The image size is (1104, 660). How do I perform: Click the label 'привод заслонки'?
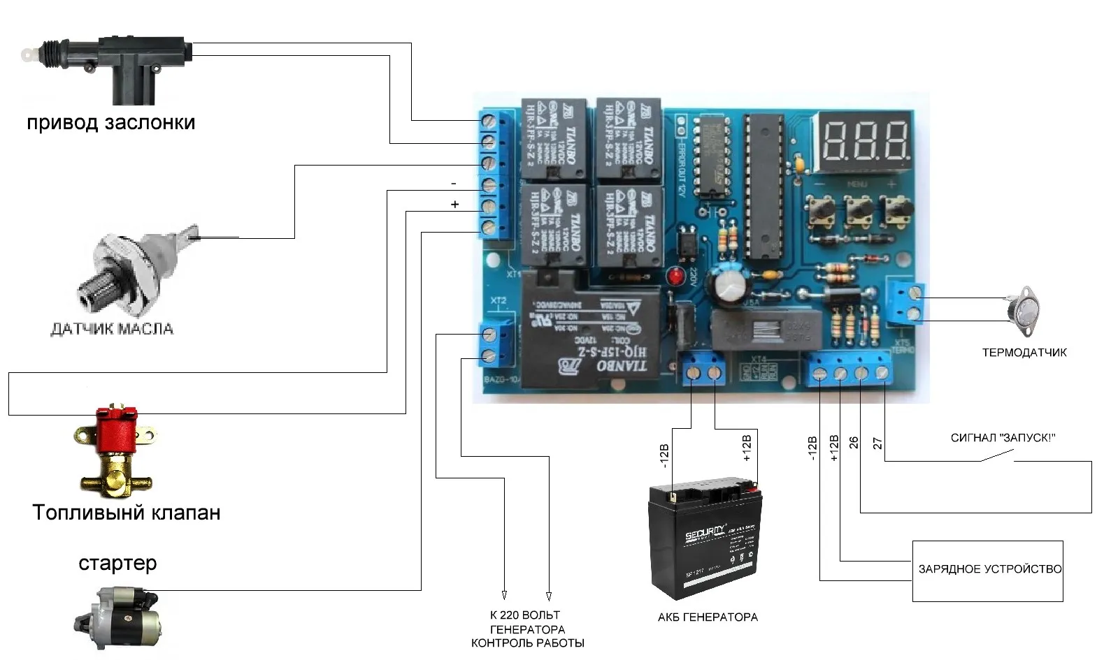coord(110,123)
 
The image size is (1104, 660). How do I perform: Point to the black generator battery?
coord(705,538)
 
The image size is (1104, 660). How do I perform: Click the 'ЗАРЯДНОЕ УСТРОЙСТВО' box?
coord(987,570)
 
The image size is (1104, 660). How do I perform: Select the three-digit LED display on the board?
coord(864,140)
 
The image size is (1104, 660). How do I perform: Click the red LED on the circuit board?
coord(676,276)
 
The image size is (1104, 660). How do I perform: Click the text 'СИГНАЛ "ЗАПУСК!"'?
coord(1003,438)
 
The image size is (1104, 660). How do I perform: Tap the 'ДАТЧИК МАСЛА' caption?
coord(112,329)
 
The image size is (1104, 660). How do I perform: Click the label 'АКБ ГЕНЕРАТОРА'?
coord(708,617)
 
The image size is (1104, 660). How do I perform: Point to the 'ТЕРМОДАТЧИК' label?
coord(1024,353)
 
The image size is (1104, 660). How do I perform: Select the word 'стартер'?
coord(117,563)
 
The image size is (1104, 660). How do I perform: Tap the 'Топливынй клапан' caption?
coord(127,513)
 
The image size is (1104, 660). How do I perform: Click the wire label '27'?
coord(877,443)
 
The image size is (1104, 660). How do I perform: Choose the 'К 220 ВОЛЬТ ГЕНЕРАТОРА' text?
coord(526,622)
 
